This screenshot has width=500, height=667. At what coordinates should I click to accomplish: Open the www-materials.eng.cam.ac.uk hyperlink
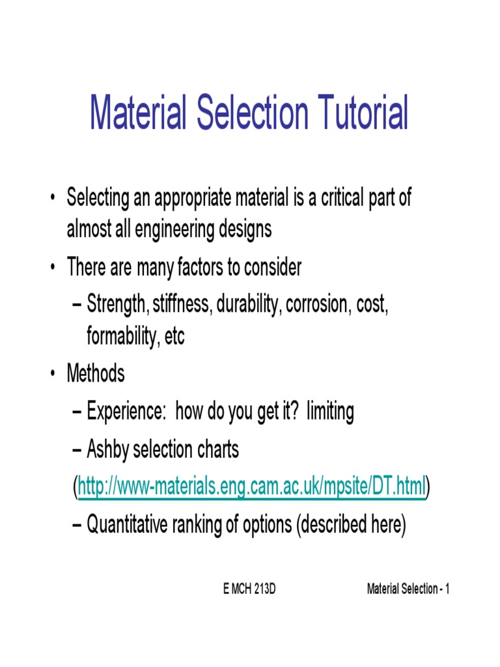[x=252, y=486]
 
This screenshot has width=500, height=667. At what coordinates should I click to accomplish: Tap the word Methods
[x=96, y=374]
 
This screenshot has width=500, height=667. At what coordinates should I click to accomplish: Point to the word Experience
[x=127, y=412]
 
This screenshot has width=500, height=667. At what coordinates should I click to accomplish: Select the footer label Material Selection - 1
[x=408, y=589]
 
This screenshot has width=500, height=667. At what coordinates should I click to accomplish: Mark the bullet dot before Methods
[x=52, y=375]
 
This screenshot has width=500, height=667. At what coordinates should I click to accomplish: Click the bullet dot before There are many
[x=52, y=268]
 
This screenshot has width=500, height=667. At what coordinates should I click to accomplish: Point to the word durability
[x=247, y=305]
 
